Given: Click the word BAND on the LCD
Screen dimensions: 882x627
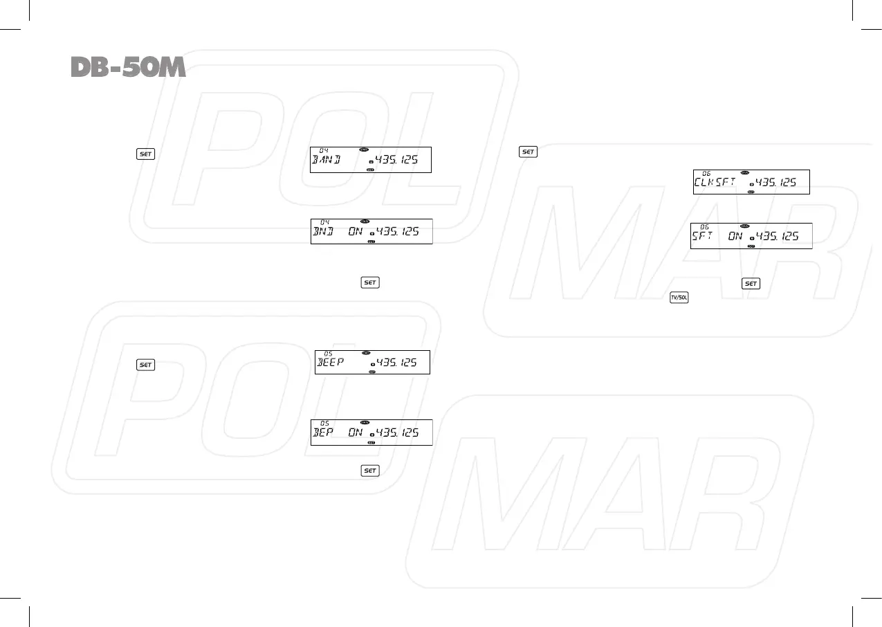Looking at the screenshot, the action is coord(331,161).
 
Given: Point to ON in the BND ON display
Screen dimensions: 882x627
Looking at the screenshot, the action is coord(356,231).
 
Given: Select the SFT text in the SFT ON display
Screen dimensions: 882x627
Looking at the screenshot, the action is coord(704,237).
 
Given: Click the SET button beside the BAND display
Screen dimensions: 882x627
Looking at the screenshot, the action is coord(145,154).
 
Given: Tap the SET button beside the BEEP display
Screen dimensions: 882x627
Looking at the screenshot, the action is coord(145,365).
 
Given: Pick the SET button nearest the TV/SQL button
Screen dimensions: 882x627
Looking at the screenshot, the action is coord(751,284).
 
